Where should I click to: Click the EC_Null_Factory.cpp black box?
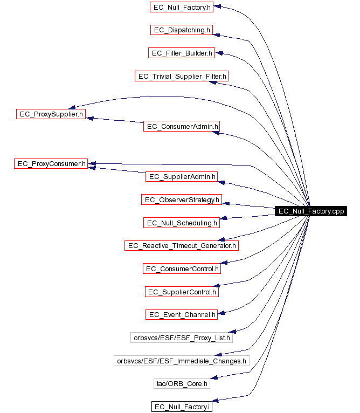(310, 211)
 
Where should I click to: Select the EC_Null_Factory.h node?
(182, 7)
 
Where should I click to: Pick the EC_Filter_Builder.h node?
(182, 53)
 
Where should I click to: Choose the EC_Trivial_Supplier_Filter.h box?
(182, 76)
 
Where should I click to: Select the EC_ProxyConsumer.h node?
(51, 163)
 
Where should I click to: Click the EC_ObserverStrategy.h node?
(182, 200)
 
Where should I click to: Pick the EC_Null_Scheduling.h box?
(182, 223)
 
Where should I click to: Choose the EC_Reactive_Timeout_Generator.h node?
(182, 246)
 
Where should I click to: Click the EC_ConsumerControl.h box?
(182, 269)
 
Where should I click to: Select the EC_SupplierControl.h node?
(182, 292)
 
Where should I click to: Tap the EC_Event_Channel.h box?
(182, 314)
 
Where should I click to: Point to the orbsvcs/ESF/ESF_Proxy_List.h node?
(182, 338)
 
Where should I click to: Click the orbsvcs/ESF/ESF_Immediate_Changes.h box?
(182, 361)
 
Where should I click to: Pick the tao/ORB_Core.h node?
(182, 383)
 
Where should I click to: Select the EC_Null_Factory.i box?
(182, 407)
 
